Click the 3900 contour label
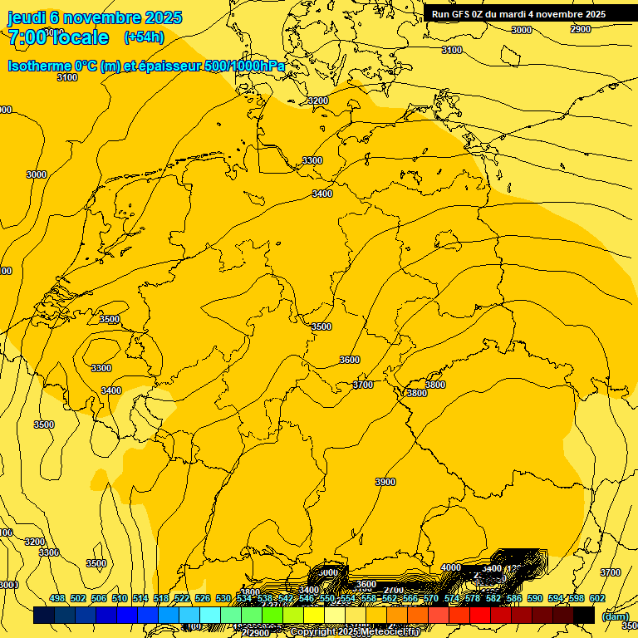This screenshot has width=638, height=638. (385, 483)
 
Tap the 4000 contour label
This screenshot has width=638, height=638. (451, 568)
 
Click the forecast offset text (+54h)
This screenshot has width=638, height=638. (144, 37)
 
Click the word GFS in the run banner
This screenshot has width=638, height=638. (467, 14)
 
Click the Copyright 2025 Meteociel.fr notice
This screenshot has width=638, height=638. (355, 632)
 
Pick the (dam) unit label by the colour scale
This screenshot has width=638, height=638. (615, 616)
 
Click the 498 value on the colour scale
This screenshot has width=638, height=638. (57, 598)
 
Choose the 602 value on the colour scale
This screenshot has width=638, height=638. (597, 598)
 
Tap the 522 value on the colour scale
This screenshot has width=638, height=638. (182, 598)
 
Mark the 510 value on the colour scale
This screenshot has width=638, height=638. (120, 598)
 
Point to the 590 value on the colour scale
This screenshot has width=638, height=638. (535, 598)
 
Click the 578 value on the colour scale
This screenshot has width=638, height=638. (473, 598)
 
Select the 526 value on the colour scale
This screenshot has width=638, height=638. (203, 598)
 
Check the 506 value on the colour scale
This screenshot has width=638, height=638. (99, 598)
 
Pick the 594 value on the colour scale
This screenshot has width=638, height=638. (556, 598)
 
